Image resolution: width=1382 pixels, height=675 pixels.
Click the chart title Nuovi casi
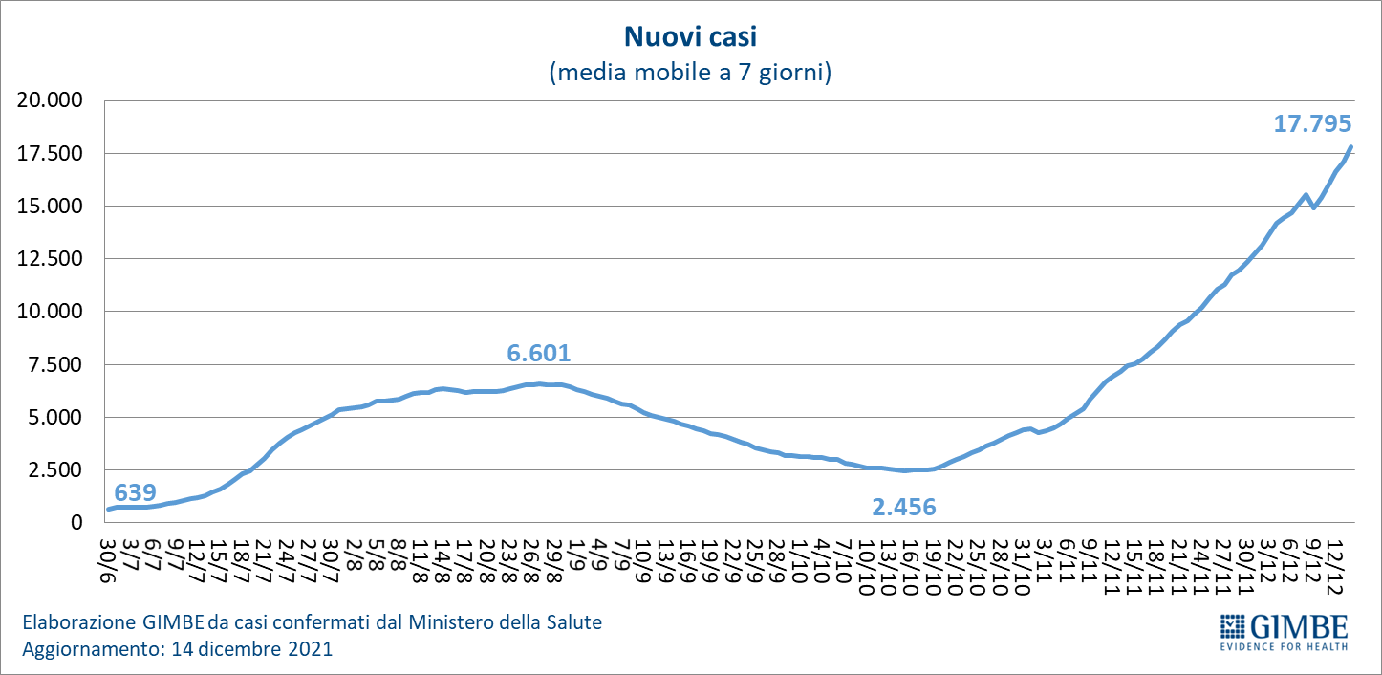(x=690, y=37)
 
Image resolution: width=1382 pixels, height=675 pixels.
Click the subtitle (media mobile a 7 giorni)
(x=690, y=73)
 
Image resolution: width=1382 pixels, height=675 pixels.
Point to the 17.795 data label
(x=1312, y=123)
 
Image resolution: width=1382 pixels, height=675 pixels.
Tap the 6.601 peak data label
(x=539, y=354)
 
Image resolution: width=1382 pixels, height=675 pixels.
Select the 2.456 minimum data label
(x=903, y=507)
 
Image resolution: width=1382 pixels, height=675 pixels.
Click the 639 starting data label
(x=135, y=493)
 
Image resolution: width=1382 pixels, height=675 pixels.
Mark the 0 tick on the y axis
(x=79, y=523)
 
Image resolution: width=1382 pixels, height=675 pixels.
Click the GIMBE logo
(x=1285, y=626)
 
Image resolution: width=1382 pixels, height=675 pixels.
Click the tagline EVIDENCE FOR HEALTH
(x=1285, y=646)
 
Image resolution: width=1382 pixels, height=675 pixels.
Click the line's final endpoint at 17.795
(x=1351, y=146)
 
